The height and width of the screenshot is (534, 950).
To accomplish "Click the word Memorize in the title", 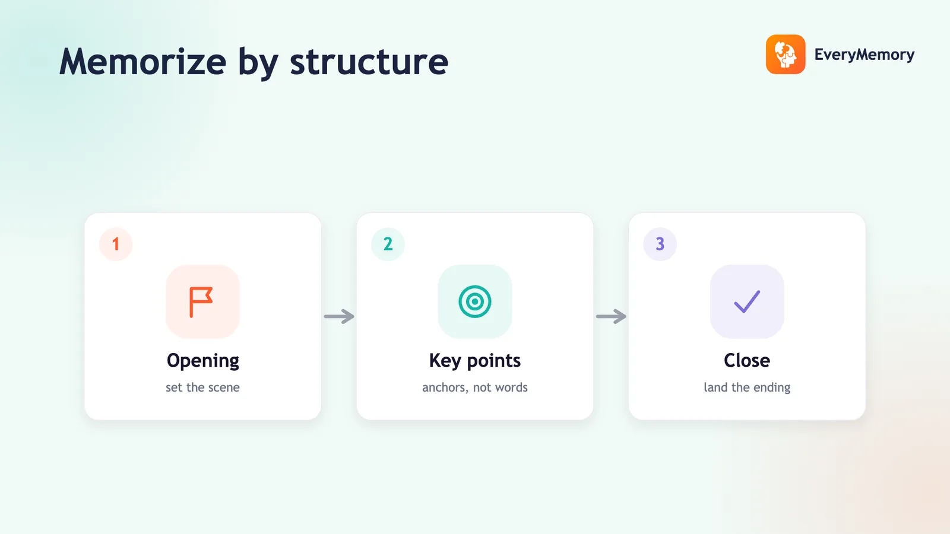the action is point(143,62).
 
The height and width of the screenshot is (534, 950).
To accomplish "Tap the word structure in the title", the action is point(369,62).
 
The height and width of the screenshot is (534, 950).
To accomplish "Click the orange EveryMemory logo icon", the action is point(786,54).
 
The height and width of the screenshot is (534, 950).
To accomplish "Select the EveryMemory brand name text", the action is point(864,55).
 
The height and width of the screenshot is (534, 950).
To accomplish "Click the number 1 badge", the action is point(116,244).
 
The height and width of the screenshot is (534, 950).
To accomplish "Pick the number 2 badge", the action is point(388,244).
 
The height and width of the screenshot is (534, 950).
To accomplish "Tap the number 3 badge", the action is point(660,244).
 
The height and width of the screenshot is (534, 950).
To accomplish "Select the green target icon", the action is point(475,302).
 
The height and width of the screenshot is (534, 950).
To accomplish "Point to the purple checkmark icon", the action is point(747,302).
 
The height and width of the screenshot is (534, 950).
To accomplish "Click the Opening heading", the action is point(202,361).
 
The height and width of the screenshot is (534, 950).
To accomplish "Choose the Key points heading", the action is point(474,361).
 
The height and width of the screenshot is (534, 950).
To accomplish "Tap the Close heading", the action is point(747,360).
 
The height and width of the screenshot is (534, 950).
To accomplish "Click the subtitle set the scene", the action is point(202,387).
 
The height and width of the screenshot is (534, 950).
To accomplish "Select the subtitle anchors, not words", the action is point(475,387).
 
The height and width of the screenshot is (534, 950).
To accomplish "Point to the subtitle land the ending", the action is point(747,388).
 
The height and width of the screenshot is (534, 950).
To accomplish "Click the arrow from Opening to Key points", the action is point(339,316).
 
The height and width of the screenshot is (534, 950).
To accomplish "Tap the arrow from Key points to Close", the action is point(611,316).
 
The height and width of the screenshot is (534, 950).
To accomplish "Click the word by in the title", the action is point(258,63).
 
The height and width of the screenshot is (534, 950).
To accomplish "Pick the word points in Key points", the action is point(493,361).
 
